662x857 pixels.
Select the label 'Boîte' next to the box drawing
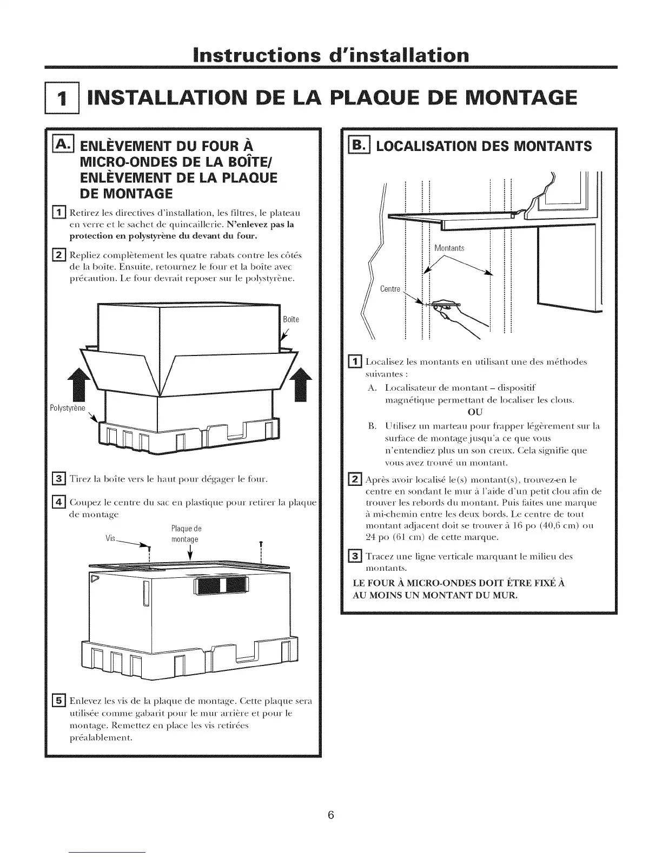point(290,319)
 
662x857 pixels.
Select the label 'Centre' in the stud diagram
point(389,289)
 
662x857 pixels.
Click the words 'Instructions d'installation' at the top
point(330,56)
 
